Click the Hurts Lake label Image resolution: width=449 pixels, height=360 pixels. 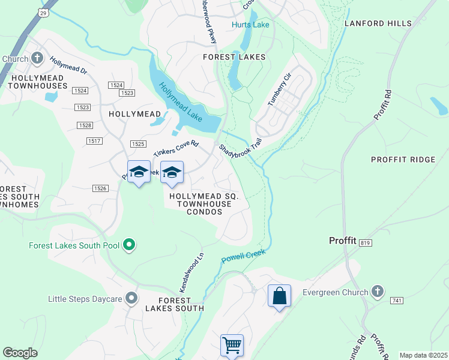pyautogui.click(x=250, y=25)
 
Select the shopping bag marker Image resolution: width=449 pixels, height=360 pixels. pyautogui.click(x=279, y=296)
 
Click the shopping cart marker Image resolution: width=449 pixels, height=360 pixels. pyautogui.click(x=232, y=345)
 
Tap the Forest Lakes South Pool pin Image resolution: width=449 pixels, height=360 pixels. pyautogui.click(x=128, y=245)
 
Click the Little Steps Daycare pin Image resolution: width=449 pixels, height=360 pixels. pyautogui.click(x=132, y=298)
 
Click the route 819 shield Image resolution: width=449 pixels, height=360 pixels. pyautogui.click(x=365, y=243)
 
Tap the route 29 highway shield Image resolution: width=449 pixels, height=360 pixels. pyautogui.click(x=43, y=12)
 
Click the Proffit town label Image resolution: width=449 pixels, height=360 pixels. pyautogui.click(x=343, y=241)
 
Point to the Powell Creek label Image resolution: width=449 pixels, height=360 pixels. pyautogui.click(x=243, y=257)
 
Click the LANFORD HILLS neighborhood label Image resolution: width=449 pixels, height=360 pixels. pyautogui.click(x=378, y=23)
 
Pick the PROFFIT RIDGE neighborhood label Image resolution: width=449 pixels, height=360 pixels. pyautogui.click(x=403, y=160)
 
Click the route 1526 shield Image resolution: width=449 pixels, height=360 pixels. pyautogui.click(x=100, y=188)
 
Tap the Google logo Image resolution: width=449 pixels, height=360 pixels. pyautogui.click(x=20, y=353)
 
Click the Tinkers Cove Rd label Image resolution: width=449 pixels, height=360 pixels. pyautogui.click(x=176, y=149)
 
